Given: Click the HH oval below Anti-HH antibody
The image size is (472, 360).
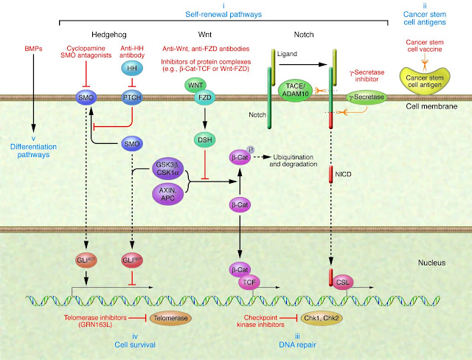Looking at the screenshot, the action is pyautogui.click(x=132, y=69).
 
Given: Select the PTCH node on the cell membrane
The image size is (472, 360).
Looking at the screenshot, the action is pyautogui.click(x=132, y=97).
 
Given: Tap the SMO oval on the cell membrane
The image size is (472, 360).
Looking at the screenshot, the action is pyautogui.click(x=86, y=97).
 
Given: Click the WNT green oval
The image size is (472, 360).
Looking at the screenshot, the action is pyautogui.click(x=195, y=85).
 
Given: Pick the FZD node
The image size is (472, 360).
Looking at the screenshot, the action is pyautogui.click(x=205, y=97).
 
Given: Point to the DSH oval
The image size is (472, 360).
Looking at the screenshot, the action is pyautogui.click(x=205, y=139).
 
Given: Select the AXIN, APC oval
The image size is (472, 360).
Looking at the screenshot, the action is pyautogui.click(x=167, y=194).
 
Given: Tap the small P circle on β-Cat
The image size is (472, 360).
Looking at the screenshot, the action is pyautogui.click(x=251, y=150).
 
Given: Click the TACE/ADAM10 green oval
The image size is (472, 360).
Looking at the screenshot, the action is pyautogui.click(x=295, y=90).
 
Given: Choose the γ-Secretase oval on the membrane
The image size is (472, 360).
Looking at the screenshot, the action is pyautogui.click(x=367, y=97).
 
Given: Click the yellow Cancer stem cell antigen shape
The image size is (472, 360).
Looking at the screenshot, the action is pyautogui.click(x=425, y=80).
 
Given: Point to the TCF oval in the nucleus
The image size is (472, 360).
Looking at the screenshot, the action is pyautogui.click(x=249, y=283).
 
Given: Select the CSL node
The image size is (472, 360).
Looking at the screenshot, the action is pyautogui.click(x=342, y=283).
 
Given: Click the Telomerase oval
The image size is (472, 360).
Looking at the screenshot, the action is pyautogui.click(x=170, y=318).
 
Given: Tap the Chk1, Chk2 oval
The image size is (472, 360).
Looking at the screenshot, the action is pyautogui.click(x=322, y=318).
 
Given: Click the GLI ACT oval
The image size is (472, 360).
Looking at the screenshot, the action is pyautogui.click(x=86, y=260).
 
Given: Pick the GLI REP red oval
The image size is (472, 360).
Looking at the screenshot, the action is pyautogui.click(x=132, y=260).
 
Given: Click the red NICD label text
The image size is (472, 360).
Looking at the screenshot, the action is pyautogui.click(x=343, y=174).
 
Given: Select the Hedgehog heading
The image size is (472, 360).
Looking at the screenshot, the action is pyautogui.click(x=109, y=35).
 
